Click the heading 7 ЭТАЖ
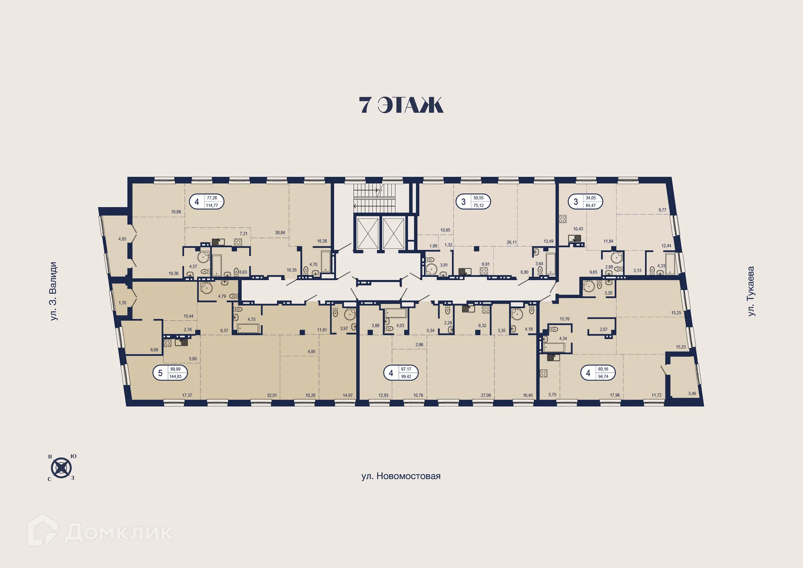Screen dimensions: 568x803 point(401,105)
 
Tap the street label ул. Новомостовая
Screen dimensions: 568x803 point(401,476)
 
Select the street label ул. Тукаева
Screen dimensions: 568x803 point(751,291)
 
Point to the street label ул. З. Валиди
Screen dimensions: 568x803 point(54,291)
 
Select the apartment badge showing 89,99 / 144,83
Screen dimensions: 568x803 point(170,373)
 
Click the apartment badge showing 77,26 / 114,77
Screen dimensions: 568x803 point(207,202)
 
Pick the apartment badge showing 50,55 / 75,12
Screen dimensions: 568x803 point(473,202)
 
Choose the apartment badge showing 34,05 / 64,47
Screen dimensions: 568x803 point(585,202)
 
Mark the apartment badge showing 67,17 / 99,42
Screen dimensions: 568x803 point(401,373)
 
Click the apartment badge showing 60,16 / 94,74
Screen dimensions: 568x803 point(598,373)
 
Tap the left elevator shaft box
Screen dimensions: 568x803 point(367,233)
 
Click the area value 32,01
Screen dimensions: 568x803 point(272,395)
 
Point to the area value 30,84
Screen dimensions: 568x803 point(280,233)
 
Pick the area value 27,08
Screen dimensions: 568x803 point(486,395)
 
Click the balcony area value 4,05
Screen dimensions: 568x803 point(122,239)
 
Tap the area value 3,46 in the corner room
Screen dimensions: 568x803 point(692,394)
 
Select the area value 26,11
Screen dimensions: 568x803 point(511,242)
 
